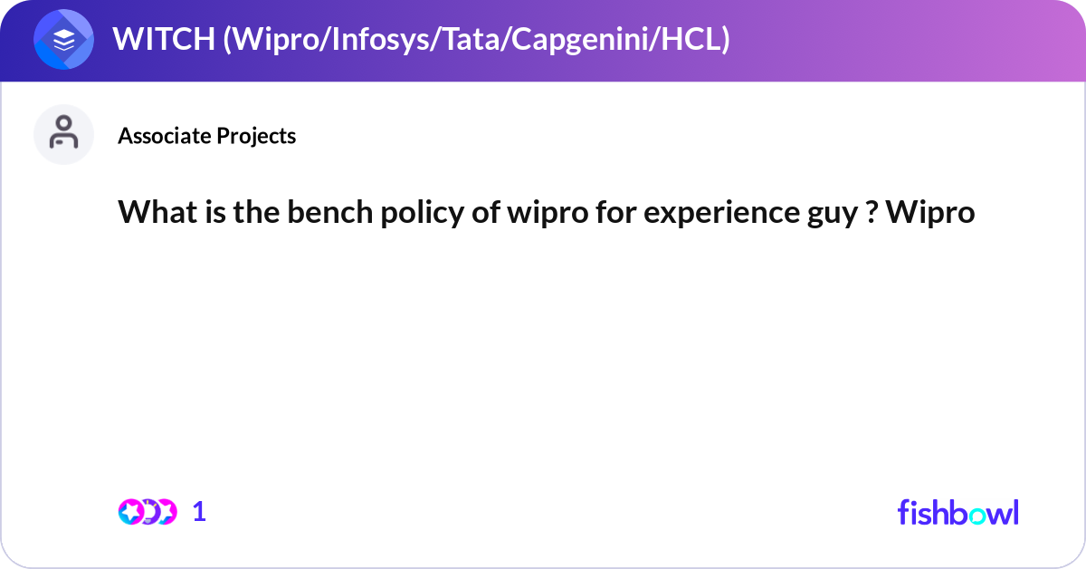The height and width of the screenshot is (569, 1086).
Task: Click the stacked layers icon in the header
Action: (x=64, y=41)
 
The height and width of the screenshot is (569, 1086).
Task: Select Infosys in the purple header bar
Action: (x=368, y=40)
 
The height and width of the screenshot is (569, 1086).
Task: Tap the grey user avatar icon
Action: (x=64, y=134)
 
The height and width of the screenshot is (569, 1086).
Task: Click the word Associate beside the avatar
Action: (x=164, y=136)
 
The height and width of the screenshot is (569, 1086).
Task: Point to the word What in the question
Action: (x=153, y=212)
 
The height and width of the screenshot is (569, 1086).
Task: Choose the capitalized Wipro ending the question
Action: (x=930, y=212)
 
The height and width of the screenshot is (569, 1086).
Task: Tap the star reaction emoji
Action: (x=132, y=512)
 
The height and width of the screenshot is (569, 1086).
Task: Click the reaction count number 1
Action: (x=200, y=512)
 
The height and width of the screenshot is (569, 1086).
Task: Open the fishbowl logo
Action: (x=957, y=512)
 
